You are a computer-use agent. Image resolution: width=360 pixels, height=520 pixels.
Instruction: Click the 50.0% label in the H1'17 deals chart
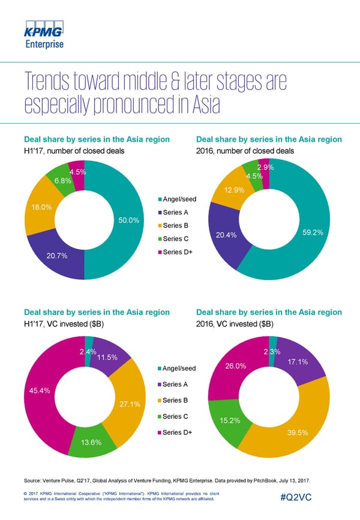129,220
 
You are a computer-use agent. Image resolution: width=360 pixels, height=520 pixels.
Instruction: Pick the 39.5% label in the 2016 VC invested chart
298,432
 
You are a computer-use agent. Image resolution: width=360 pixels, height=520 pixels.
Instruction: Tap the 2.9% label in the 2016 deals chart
266,168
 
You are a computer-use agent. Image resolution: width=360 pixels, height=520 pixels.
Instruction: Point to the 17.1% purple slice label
298,362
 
